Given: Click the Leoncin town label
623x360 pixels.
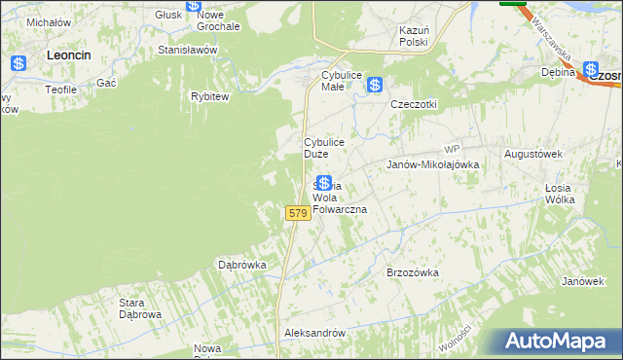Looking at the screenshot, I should pos(68,56).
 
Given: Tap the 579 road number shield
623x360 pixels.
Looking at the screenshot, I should pos(298,212).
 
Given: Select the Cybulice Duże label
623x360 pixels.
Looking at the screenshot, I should pos(323,148).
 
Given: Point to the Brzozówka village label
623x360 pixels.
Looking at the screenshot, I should pos(414,272).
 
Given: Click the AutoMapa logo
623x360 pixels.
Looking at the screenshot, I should pos(559,342).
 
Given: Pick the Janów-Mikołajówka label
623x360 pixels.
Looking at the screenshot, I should pos(433,165).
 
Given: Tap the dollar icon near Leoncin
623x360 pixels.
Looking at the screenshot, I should pos(19,64).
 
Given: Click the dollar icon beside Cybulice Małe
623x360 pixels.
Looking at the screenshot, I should pos(375,86).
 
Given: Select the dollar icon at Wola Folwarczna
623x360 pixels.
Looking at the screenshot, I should pos(324,183).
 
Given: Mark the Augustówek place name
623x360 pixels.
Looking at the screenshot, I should pos(534,154).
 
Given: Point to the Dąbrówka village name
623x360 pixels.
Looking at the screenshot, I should pos(242,264).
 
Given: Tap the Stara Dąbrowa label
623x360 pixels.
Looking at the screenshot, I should pos(139,308).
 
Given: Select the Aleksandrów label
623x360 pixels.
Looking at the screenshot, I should pos(314,333).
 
